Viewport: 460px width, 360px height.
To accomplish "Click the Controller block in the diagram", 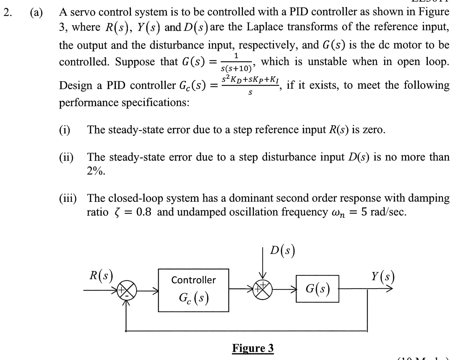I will point(193,290).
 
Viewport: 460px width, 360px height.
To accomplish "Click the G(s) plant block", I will point(317,289).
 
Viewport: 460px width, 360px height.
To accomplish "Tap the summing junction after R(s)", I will point(127,291).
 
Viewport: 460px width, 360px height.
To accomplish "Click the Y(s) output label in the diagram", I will point(383,276).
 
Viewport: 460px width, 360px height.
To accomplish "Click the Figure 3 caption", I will point(253,348).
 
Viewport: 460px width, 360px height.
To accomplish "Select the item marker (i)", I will point(65,130).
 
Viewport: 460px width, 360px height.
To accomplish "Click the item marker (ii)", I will point(66,157).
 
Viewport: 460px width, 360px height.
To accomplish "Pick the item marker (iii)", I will point(68,198).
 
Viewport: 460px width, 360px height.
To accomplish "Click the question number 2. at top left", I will point(7,12).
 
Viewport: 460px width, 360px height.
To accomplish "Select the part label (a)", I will point(36,12).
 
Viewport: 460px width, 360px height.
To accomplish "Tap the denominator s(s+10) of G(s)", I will point(236,68).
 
